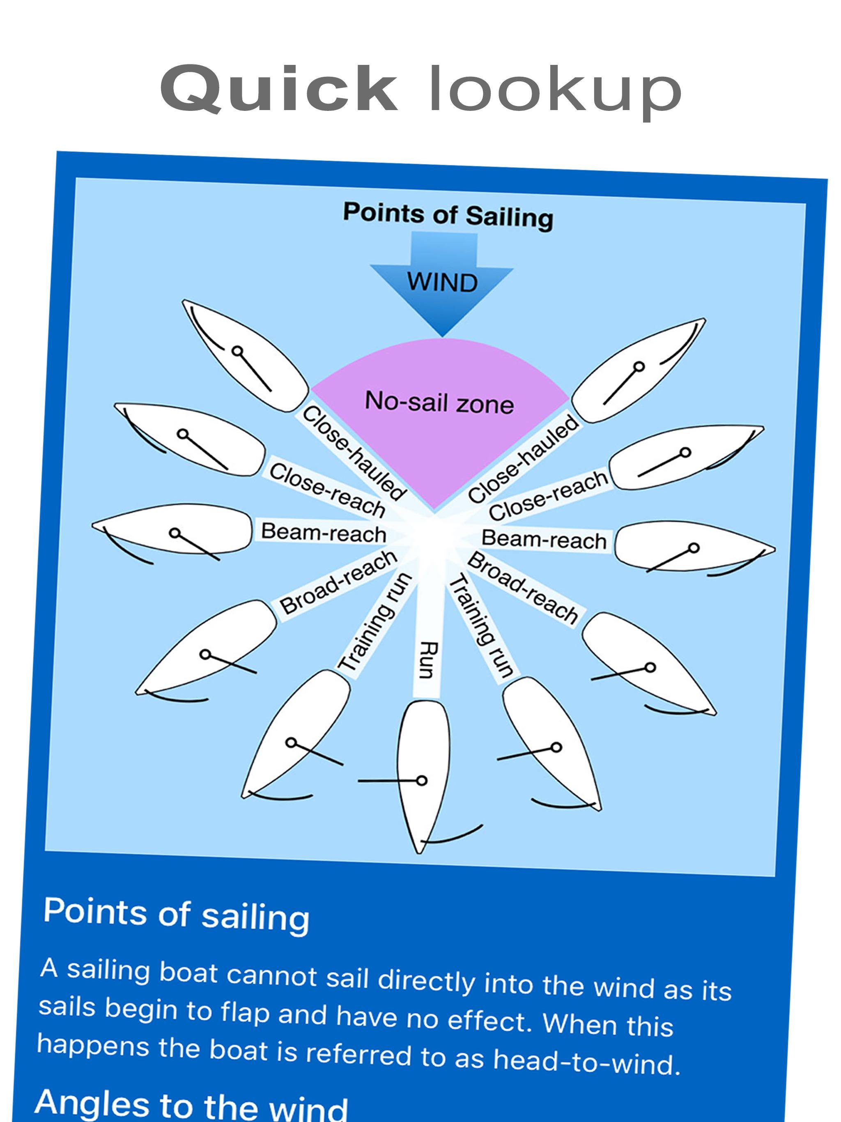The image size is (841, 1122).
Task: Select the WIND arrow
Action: (441, 281)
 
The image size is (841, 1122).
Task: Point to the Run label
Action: (429, 660)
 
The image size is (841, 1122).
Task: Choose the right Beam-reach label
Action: (543, 539)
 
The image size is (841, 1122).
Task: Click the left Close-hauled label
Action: (354, 453)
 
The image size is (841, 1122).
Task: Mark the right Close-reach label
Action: (548, 494)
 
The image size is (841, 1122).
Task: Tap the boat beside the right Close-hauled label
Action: (639, 370)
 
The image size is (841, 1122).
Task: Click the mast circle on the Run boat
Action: (421, 780)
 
